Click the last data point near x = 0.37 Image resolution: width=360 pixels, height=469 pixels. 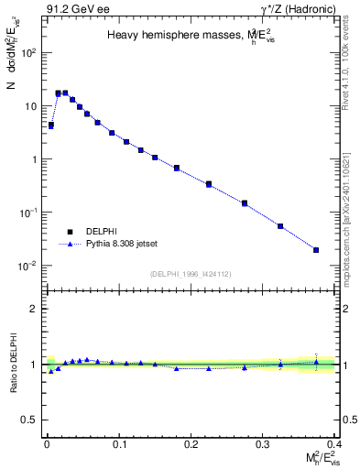pos(316,249)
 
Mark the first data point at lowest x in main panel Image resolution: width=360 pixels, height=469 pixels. pos(51,125)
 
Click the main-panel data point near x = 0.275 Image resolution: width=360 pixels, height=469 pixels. pos(245,202)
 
